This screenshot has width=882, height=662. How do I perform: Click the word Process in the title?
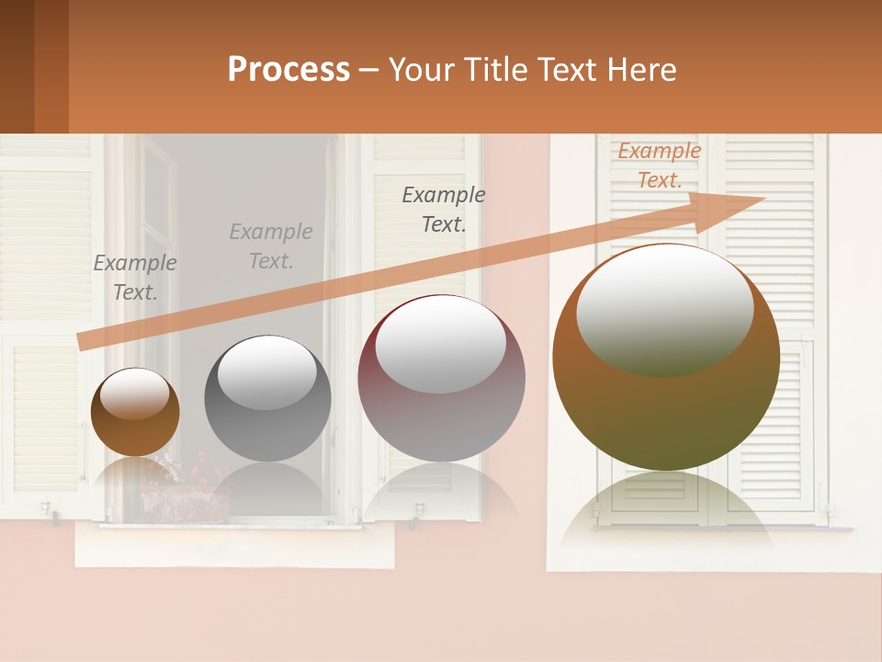point(288,70)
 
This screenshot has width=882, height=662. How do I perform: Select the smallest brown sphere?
point(135,413)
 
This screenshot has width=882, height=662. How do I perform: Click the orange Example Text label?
point(659,165)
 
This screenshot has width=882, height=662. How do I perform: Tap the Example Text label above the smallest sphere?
point(135,278)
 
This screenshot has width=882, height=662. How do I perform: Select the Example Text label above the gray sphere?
point(271,246)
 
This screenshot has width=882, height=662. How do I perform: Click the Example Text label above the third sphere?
point(444,210)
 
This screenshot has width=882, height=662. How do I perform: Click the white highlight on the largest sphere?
point(664,308)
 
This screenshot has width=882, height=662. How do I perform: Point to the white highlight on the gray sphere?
point(266,371)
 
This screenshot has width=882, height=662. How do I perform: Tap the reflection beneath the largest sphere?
point(665,510)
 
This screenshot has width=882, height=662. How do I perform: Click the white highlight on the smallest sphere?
point(134,394)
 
